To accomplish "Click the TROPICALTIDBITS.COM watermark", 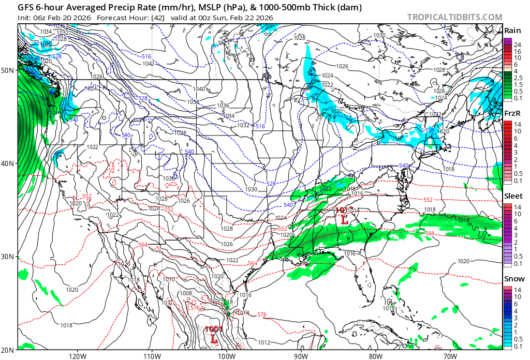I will click(x=454, y=17).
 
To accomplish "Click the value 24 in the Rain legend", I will click(x=517, y=45).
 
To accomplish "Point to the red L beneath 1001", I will click(x=214, y=339).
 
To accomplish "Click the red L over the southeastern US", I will click(x=344, y=219).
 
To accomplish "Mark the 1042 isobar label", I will click(x=149, y=64).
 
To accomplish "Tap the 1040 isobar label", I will click(x=199, y=89).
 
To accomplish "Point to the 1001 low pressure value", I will click(x=213, y=328).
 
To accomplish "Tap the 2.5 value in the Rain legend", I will click(x=518, y=78).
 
